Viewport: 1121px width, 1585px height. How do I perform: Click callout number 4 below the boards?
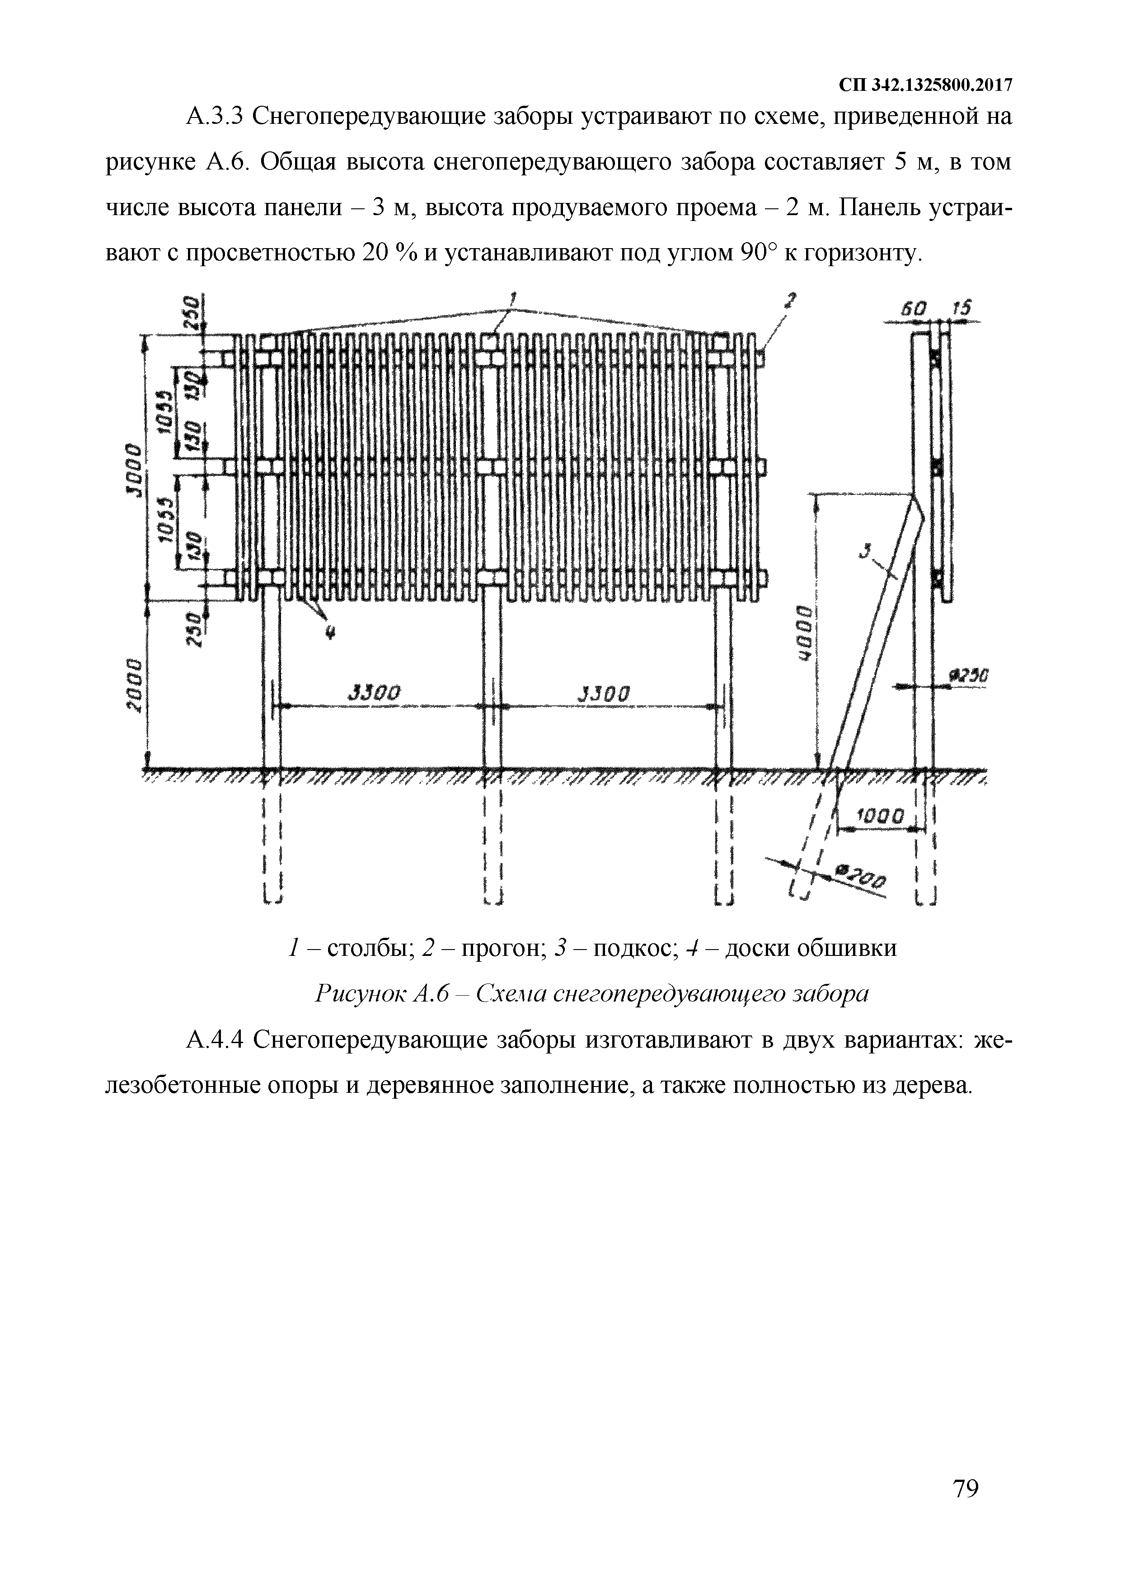click(x=329, y=634)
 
